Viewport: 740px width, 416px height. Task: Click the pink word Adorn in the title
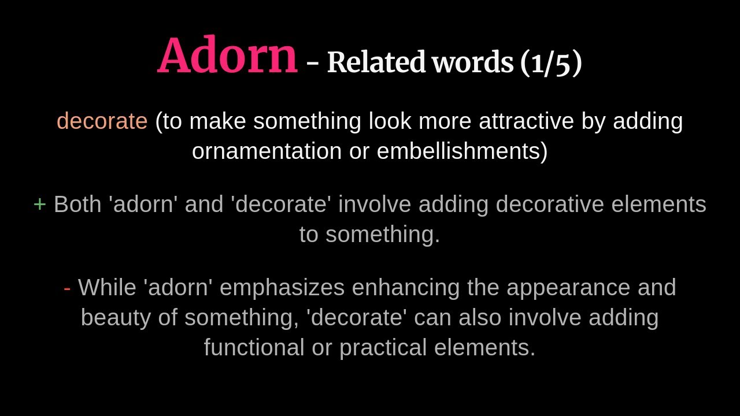point(227,56)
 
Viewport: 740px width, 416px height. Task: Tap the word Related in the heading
point(376,62)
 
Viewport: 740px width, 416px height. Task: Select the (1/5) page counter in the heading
point(551,62)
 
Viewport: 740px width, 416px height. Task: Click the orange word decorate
point(102,121)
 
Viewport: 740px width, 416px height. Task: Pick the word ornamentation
point(267,151)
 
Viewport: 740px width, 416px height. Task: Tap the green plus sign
point(39,205)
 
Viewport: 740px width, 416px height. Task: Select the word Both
point(77,205)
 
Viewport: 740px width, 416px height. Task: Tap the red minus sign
point(67,288)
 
